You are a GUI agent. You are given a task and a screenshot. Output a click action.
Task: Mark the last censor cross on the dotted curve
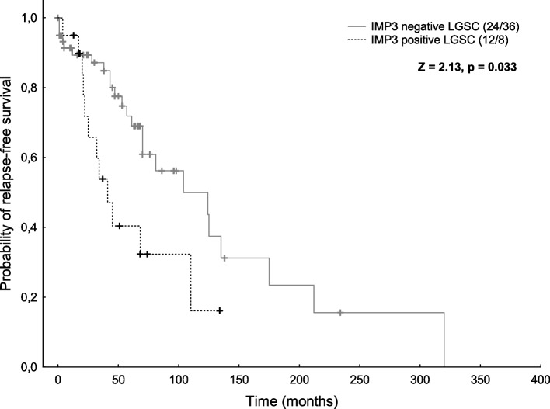(220, 310)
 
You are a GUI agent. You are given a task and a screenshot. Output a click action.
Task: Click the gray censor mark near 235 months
(340, 313)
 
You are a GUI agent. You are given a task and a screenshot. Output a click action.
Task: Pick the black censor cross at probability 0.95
(73, 36)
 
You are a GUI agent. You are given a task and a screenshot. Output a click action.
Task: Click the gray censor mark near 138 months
(225, 258)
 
